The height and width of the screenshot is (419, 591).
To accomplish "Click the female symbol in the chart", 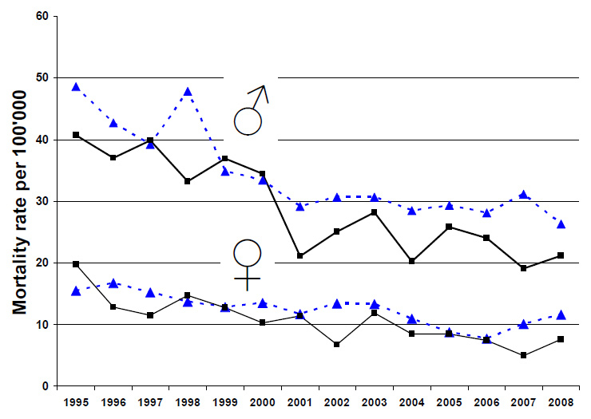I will (x=247, y=263).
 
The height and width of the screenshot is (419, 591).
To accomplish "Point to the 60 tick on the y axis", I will (x=41, y=17).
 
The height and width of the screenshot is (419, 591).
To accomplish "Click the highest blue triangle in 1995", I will (x=76, y=87).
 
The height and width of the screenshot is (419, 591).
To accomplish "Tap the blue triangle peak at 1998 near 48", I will (x=188, y=92).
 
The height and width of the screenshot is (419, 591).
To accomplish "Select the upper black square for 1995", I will (x=76, y=135).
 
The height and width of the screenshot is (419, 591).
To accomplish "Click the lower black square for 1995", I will (x=76, y=264).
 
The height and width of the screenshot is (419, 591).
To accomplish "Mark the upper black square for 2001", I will (x=300, y=255).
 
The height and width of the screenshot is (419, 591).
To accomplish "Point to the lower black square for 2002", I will (x=338, y=345).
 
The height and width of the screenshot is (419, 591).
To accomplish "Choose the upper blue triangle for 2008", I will (x=561, y=224).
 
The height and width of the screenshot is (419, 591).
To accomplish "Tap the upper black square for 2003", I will (x=375, y=212).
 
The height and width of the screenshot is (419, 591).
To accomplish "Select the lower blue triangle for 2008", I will (x=561, y=315).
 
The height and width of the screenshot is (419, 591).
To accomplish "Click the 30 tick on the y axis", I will (x=41, y=201).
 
